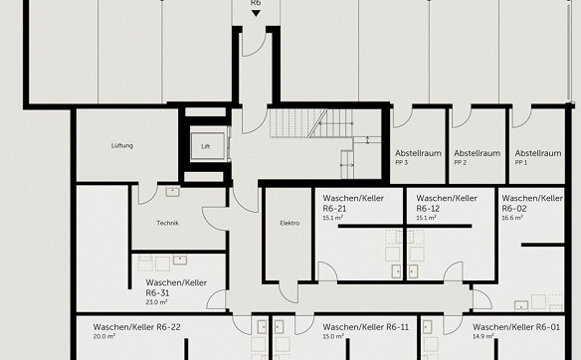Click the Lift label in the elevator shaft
(x=206, y=146)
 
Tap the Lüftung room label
(x=122, y=145)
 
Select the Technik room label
(x=167, y=223)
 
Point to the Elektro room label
(x=290, y=223)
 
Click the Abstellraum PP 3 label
(x=418, y=157)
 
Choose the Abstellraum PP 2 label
(x=477, y=157)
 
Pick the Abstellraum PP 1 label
(x=538, y=157)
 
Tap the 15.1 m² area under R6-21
(x=332, y=218)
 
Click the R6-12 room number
(x=428, y=208)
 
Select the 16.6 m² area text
(x=512, y=218)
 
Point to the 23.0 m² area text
(x=157, y=302)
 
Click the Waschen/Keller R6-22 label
(x=136, y=327)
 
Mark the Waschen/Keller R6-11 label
(x=366, y=327)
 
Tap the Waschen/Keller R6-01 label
(x=516, y=327)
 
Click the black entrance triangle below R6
(x=256, y=13)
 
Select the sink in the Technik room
(x=172, y=192)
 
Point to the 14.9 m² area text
(x=483, y=337)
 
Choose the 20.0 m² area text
(x=103, y=337)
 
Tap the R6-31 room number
(x=157, y=292)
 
